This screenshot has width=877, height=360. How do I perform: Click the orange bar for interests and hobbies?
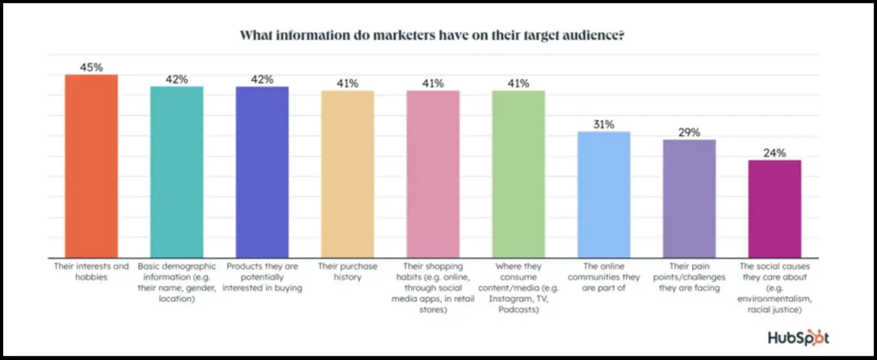tap(91, 166)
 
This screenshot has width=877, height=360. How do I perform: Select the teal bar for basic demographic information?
tap(177, 172)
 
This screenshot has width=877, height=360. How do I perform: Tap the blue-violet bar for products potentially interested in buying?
tap(262, 172)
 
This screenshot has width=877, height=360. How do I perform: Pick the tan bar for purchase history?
tap(347, 174)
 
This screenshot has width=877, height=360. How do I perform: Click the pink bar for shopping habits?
tap(433, 174)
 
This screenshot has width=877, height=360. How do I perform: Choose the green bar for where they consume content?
tap(518, 174)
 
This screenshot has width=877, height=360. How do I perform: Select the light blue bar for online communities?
tap(604, 194)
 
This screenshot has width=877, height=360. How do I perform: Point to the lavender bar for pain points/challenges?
tap(689, 199)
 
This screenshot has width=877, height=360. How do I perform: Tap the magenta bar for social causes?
tap(775, 209)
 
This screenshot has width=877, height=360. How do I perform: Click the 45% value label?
tap(91, 67)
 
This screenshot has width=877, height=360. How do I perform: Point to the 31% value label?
tap(604, 124)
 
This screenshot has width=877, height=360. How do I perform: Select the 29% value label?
tap(689, 133)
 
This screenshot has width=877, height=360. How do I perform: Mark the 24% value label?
tap(775, 153)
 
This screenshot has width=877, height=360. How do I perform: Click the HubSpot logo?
tap(799, 338)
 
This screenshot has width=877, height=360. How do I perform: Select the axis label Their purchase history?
tap(347, 271)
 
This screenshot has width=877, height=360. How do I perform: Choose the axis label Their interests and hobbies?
tap(91, 271)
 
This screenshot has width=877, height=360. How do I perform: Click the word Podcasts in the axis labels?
tap(518, 310)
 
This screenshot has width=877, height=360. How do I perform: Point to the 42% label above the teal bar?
tap(177, 79)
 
